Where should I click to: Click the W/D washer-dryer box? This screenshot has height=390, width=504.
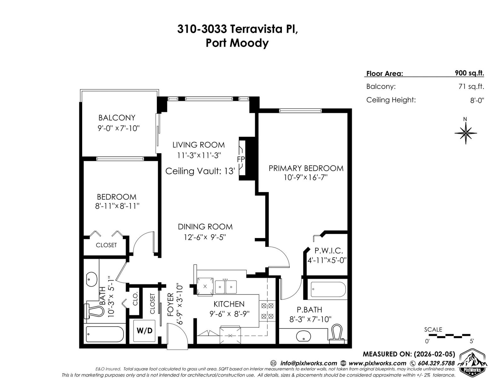[144, 331]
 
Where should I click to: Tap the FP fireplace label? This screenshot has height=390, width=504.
[241, 159]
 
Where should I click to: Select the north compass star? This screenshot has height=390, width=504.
[466, 133]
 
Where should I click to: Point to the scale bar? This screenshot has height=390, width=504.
[449, 335]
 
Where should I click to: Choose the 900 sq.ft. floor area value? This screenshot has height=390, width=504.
[469, 73]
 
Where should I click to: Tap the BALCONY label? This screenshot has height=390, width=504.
[117, 118]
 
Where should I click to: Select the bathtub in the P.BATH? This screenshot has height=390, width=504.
[328, 289]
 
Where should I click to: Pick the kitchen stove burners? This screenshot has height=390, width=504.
[267, 311]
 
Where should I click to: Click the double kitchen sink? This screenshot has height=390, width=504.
[226, 287]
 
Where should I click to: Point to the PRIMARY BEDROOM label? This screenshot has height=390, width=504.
[306, 168]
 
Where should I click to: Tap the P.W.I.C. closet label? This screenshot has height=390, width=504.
[329, 251]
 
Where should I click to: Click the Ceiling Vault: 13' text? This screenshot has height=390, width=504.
[200, 171]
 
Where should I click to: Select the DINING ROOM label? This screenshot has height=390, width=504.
[205, 227]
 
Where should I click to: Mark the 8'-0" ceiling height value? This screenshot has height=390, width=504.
[477, 100]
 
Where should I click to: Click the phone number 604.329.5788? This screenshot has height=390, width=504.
[436, 363]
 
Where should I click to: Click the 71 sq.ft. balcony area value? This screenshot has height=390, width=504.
[471, 87]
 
